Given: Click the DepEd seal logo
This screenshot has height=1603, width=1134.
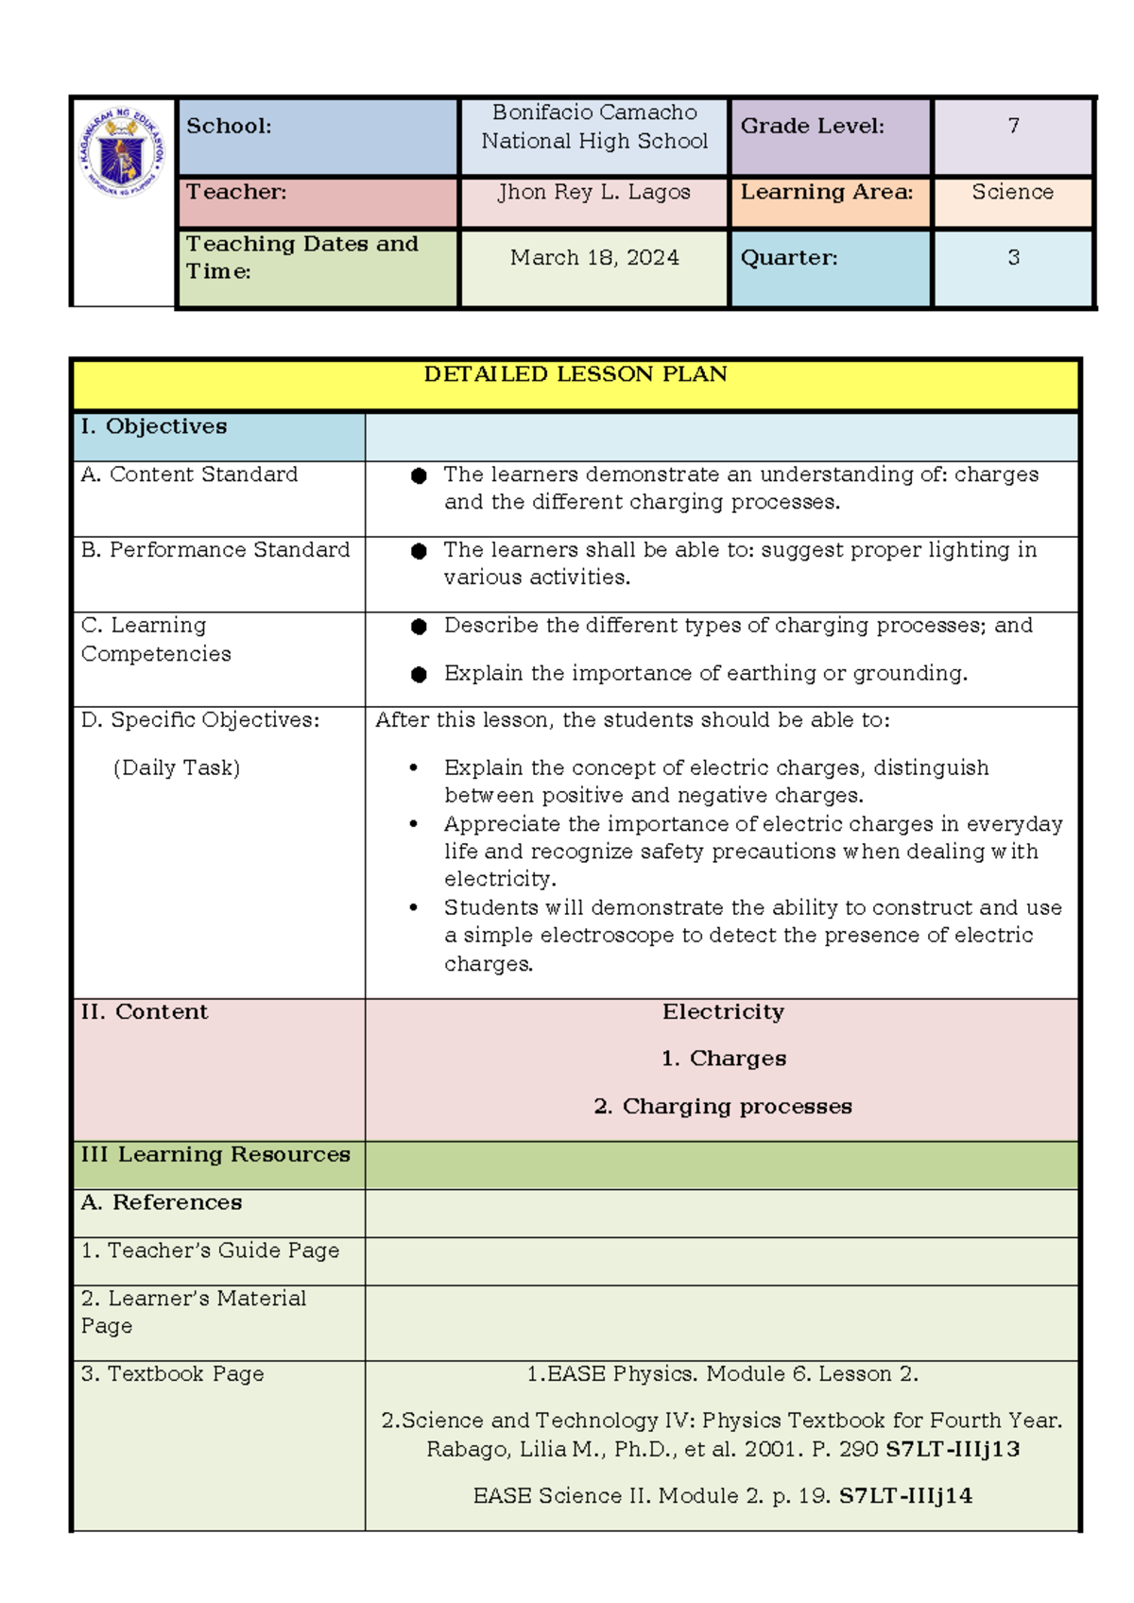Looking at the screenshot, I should coord(123,151).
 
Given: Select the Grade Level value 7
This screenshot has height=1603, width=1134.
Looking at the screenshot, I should coord(1013,126).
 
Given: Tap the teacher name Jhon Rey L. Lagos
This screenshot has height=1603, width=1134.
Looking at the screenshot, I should coord(594,192).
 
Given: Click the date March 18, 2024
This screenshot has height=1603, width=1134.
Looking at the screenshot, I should coord(594,257).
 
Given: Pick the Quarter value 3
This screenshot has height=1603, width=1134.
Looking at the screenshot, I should coord(1013,257).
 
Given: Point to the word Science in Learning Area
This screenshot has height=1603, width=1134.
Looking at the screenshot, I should coord(1012,192).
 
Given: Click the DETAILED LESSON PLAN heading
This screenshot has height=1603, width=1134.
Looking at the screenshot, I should coord(576,374).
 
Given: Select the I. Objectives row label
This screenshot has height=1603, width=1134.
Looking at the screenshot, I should coord(154,426).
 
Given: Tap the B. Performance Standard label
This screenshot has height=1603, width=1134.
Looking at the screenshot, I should coord(215,550).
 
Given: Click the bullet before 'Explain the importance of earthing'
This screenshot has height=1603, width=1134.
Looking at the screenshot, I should coord(419,674).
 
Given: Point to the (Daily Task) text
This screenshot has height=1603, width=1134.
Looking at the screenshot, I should coord(177,767).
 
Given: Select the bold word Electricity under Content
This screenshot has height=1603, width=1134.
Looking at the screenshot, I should coord(723,1012).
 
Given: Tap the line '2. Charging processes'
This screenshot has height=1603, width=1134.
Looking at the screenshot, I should coord(723,1107).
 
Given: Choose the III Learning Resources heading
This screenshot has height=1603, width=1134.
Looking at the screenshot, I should coord(215,1155).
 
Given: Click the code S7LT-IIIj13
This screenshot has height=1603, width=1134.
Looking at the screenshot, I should coord(953,1449).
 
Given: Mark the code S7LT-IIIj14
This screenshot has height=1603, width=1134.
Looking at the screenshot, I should coord(905,1496).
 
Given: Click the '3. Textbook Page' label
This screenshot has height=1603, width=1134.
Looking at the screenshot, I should coord(173,1374).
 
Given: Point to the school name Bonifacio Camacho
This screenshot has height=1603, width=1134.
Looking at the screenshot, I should coord(594,112).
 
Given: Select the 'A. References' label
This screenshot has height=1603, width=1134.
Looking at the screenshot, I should coord(162,1203).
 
